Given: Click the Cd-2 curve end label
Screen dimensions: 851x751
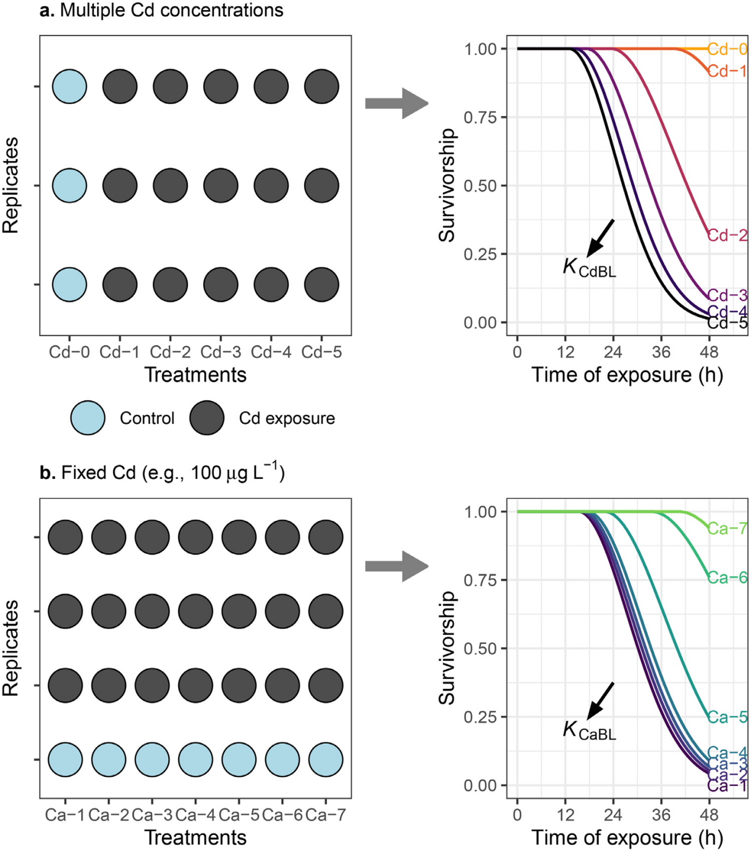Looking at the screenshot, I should tap(727, 235).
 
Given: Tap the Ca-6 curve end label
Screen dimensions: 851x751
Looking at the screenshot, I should tap(727, 577).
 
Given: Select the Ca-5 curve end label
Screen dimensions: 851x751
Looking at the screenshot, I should tap(727, 717).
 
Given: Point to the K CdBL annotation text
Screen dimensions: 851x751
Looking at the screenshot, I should tap(589, 268).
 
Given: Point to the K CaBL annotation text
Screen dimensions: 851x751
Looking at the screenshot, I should tap(589, 730).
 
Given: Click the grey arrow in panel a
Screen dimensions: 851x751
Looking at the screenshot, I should tap(396, 104).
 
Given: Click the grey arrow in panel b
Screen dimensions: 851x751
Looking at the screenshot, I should tap(396, 566).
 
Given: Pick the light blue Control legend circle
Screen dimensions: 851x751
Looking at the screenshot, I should tap(88, 418).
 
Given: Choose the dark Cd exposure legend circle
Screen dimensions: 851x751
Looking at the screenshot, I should tap(207, 418).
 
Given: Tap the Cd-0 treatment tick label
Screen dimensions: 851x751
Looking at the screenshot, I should tap(69, 352).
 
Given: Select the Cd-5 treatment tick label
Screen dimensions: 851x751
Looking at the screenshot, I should tap(322, 352).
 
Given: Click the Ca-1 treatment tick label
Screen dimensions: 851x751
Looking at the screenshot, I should tap(65, 815).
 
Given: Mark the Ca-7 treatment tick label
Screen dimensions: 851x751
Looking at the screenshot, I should tap(325, 815).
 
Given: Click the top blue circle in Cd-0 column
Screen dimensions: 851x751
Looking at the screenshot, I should tap(69, 86).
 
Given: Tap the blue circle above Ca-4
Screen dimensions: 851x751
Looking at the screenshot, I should tap(195, 759).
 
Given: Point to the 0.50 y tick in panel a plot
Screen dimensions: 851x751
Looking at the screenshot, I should tap(480, 186).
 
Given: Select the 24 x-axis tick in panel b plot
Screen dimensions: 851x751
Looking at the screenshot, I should tap(613, 815).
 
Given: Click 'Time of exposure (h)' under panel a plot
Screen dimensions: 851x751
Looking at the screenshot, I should tap(627, 375).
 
